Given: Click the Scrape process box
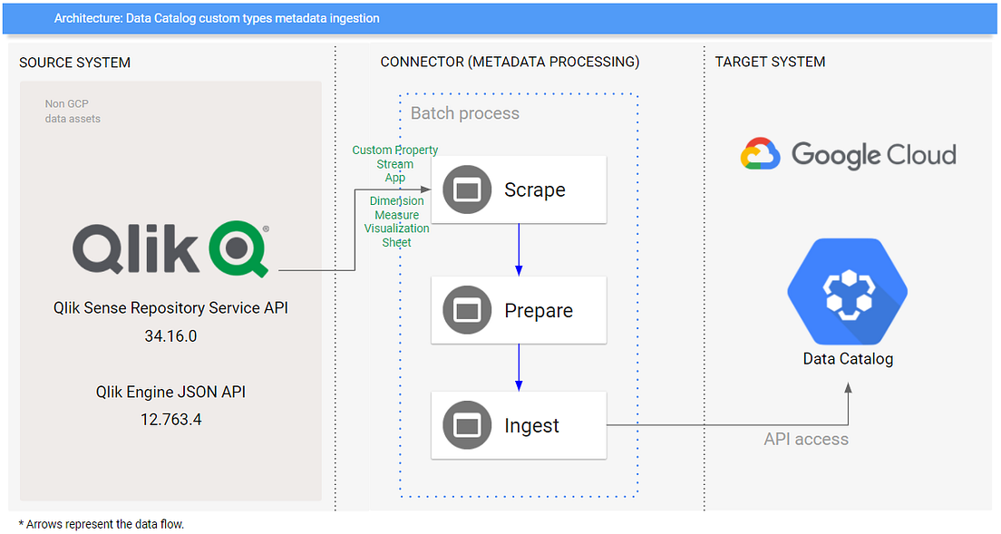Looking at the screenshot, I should [x=518, y=189].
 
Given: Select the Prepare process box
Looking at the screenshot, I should [x=518, y=310].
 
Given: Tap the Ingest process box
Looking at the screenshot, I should [x=518, y=425].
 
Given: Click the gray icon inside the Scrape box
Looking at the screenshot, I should [x=466, y=189].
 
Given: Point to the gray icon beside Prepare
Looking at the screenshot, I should [x=466, y=310].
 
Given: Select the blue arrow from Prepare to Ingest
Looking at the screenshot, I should [x=519, y=367].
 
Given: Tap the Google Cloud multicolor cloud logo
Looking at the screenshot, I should [x=760, y=154].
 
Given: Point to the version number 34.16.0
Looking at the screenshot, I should [x=170, y=336].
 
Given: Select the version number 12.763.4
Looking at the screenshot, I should [x=170, y=420].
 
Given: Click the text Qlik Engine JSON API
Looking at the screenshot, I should [x=170, y=393].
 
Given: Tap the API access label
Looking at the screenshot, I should [x=806, y=439].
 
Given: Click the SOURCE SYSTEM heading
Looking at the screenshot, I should [x=75, y=63].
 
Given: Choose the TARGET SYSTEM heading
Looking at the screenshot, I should [x=770, y=63].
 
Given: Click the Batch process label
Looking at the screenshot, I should [x=465, y=113].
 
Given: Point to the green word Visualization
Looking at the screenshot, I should [x=397, y=228].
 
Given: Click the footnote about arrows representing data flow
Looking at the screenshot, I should [x=102, y=524].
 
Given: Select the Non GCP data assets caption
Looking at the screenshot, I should [x=73, y=112].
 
